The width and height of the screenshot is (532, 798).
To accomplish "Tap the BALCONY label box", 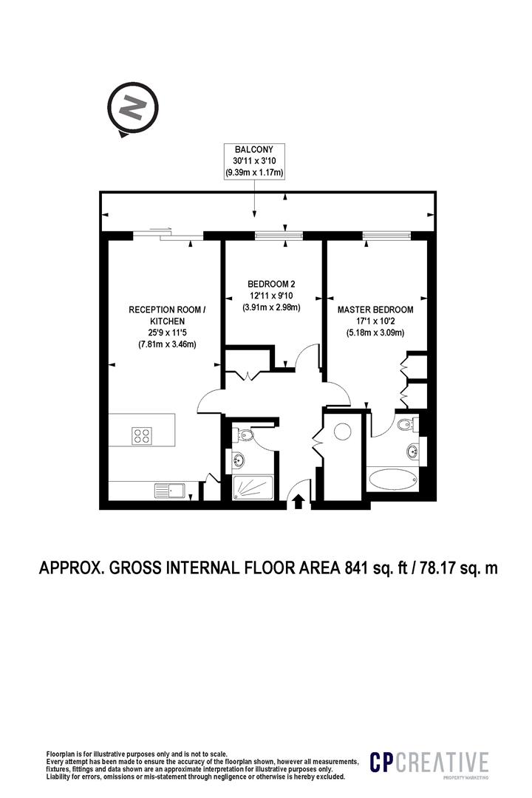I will [x=255, y=160].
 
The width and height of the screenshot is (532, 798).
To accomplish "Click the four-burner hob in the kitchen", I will [x=143, y=436].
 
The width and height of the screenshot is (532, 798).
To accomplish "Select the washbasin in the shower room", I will [x=238, y=461].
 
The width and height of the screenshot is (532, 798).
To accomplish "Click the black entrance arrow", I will [x=299, y=502].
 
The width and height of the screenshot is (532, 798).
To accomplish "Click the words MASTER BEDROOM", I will [x=375, y=310].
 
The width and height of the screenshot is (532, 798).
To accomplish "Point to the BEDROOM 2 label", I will [x=271, y=284].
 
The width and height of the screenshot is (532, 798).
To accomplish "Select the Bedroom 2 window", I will [x=273, y=236].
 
